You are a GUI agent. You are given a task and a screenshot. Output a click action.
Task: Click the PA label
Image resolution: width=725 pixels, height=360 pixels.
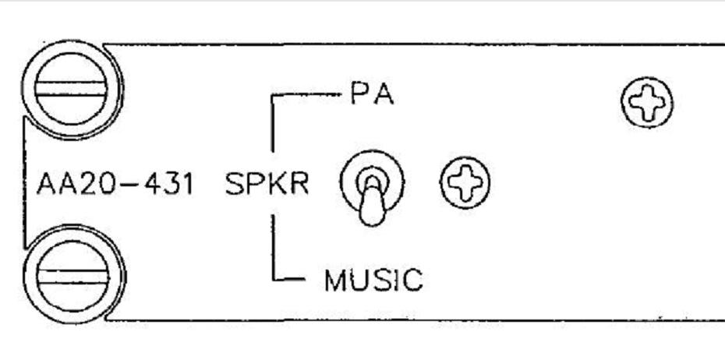point(372,94)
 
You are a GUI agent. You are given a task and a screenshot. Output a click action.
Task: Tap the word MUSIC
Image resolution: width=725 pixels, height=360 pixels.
point(373,280)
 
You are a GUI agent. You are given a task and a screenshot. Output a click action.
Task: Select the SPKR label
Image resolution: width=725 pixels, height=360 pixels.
point(267,184)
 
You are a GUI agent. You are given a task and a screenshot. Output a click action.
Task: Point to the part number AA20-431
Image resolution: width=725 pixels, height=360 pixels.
point(115,184)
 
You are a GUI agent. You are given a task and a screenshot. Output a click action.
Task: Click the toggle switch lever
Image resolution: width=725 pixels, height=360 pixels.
point(372,202)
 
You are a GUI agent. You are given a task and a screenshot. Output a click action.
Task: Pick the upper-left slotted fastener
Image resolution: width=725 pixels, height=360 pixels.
point(72,89)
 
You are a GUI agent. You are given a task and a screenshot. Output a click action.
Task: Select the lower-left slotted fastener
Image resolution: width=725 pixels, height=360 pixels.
point(73,276)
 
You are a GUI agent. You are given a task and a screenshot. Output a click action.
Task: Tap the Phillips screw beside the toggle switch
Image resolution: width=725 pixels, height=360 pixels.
point(465,182)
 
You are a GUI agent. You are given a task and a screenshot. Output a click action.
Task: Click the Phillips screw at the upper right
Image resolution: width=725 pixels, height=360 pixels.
point(647,102)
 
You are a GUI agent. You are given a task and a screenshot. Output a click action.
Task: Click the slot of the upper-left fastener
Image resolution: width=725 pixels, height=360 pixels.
point(72,89)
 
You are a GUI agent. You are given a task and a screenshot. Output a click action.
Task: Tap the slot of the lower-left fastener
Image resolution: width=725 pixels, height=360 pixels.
point(73,277)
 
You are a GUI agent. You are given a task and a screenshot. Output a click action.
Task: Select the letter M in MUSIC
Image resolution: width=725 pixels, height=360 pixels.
point(336,280)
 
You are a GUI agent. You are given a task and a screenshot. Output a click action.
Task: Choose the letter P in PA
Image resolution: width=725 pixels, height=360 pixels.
point(359,94)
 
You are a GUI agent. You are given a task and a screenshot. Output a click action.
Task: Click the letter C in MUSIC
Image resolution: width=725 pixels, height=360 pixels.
point(412,280)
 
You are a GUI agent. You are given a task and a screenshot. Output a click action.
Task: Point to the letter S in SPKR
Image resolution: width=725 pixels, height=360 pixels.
point(235,184)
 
